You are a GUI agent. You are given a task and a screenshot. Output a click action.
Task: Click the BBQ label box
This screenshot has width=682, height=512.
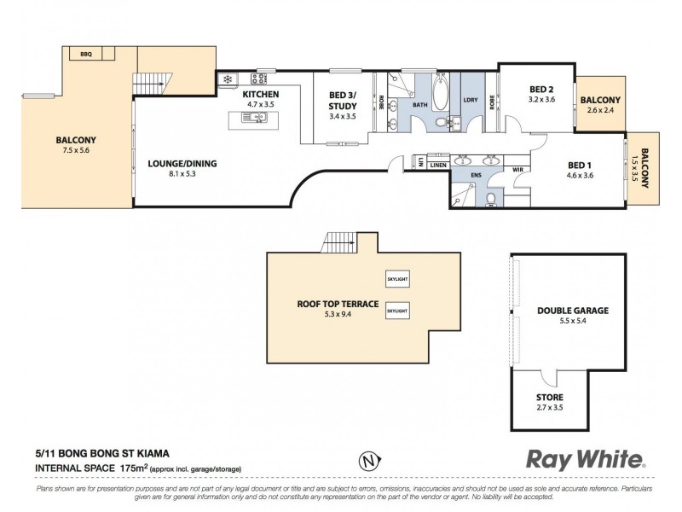pyautogui.click(x=86, y=54)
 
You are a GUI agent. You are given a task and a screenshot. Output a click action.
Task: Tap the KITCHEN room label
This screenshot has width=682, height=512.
pyautogui.click(x=260, y=94)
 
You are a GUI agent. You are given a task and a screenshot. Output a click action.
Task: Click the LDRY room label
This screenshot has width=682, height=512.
pyautogui.click(x=471, y=101)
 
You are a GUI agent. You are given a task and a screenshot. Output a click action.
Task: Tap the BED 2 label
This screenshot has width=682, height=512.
pyautogui.click(x=541, y=89)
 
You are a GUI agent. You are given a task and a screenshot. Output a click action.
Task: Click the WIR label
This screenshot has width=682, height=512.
pyautogui.click(x=517, y=170)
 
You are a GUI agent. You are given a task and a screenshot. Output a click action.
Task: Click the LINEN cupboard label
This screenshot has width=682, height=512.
pyautogui.click(x=438, y=165)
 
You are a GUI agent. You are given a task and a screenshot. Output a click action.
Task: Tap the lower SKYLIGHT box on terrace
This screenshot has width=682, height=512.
pyautogui.click(x=397, y=311)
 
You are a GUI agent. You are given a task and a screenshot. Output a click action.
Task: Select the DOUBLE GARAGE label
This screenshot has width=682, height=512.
pyautogui.click(x=573, y=311)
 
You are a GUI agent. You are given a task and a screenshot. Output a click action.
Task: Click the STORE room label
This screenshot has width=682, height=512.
pyautogui.click(x=550, y=398)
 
